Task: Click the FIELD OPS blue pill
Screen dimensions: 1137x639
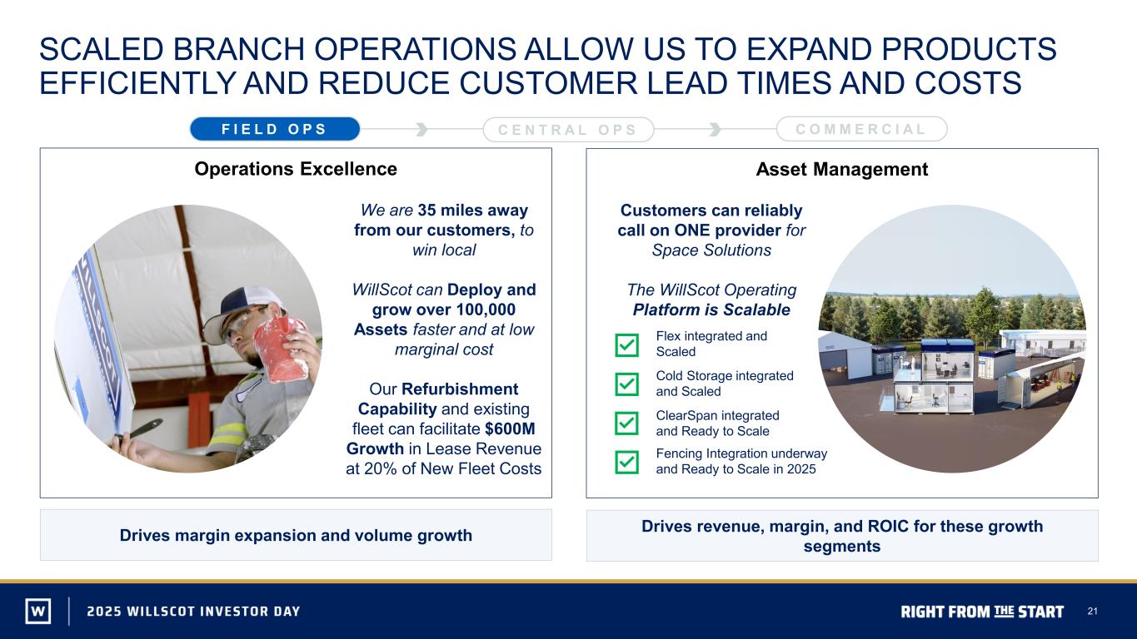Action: click(x=275, y=129)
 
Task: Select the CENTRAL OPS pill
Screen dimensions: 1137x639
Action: click(x=568, y=129)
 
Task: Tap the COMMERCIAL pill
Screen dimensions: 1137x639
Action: click(x=861, y=129)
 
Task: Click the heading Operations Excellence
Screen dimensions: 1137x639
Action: click(x=296, y=169)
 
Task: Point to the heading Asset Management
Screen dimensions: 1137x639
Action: click(x=841, y=169)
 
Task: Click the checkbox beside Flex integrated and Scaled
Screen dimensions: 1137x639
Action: click(x=627, y=345)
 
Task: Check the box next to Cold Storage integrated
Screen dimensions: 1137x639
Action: click(x=627, y=384)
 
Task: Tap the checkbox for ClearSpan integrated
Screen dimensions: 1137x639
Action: click(x=627, y=423)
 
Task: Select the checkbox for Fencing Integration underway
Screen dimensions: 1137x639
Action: click(x=627, y=462)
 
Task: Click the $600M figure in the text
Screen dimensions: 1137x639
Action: click(x=510, y=429)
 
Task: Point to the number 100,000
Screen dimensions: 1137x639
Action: click(x=486, y=310)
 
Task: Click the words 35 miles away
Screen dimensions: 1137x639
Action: click(x=472, y=210)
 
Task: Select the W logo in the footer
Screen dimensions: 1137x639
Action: click(x=38, y=611)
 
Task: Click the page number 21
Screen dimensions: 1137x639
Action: click(x=1092, y=611)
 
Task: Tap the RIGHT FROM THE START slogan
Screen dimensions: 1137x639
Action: click(x=982, y=612)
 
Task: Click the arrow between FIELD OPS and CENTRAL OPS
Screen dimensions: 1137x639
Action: click(x=421, y=129)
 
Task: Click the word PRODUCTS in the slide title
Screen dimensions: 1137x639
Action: click(x=969, y=49)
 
